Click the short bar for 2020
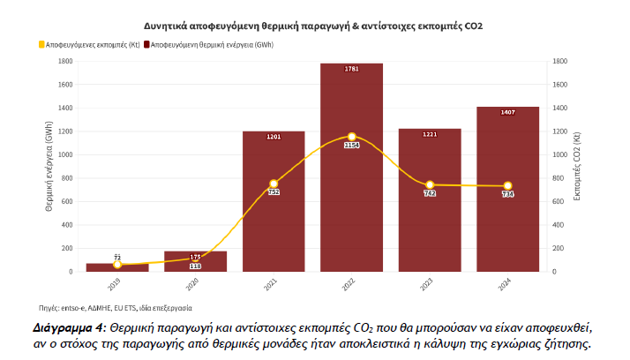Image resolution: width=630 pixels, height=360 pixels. tap(195, 262)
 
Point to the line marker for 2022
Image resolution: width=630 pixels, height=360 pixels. tap(351, 137)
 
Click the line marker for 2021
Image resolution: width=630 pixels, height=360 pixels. tap(274, 184)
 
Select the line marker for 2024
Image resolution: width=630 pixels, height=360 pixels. tap(507, 185)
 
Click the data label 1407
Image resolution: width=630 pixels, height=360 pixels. tap(507, 112)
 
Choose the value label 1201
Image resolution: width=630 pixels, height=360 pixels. tap(274, 137)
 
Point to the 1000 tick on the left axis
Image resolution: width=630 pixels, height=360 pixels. tap(64, 154)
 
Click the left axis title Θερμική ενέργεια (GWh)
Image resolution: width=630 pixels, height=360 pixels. tap(47, 167)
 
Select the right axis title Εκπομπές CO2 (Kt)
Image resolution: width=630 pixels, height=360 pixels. tap(577, 167)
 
